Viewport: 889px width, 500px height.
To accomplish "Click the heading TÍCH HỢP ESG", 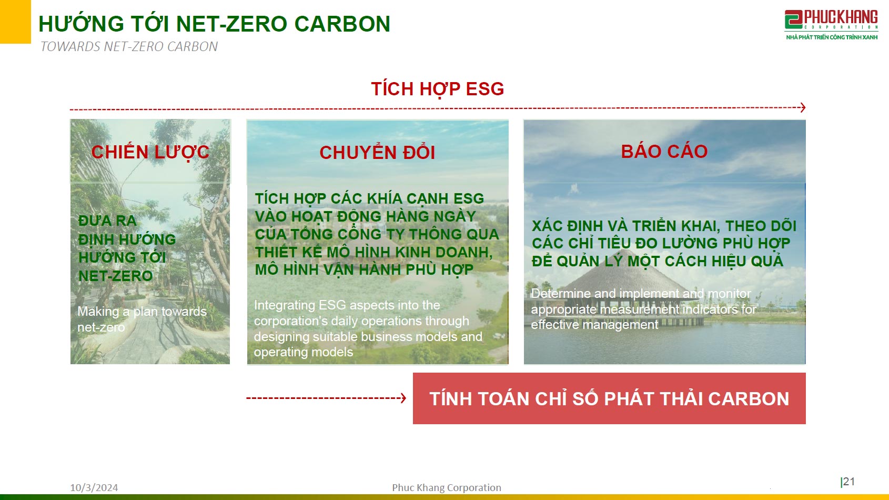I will pyautogui.click(x=437, y=89).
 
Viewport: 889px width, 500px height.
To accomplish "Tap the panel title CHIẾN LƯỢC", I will pyautogui.click(x=150, y=152).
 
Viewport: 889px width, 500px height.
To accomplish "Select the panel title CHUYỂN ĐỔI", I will pyautogui.click(x=377, y=153).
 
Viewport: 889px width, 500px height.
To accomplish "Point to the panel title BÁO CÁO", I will pyautogui.click(x=664, y=152).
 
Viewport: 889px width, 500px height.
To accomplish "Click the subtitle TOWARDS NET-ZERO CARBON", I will pyautogui.click(x=129, y=47).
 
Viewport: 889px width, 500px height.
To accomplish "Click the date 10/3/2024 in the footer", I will pyautogui.click(x=94, y=487).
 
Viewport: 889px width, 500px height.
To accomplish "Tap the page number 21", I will pyautogui.click(x=848, y=482).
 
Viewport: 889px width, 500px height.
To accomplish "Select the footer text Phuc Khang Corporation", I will pyautogui.click(x=446, y=487).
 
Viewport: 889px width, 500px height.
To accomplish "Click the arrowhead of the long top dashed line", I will pyautogui.click(x=802, y=107).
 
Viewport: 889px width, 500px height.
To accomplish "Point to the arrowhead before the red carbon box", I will pyautogui.click(x=403, y=398).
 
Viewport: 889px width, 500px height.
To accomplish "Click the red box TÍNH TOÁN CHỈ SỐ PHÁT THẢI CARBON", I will pyautogui.click(x=609, y=398).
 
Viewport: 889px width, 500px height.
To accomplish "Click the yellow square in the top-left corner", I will pyautogui.click(x=15, y=21).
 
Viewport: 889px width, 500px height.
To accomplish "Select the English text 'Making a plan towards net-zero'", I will pyautogui.click(x=142, y=319).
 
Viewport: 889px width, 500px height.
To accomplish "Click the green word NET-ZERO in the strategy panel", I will pyautogui.click(x=115, y=276).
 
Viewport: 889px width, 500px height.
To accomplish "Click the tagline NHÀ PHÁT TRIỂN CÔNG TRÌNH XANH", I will pyautogui.click(x=831, y=37).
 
